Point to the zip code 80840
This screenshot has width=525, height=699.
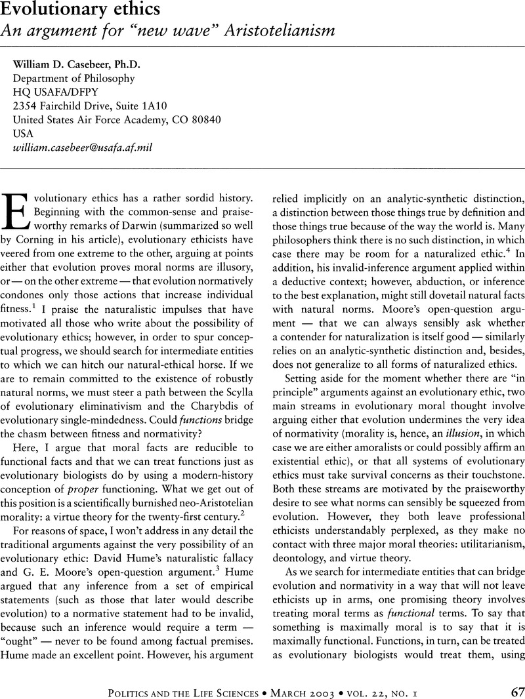(x=204, y=119)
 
